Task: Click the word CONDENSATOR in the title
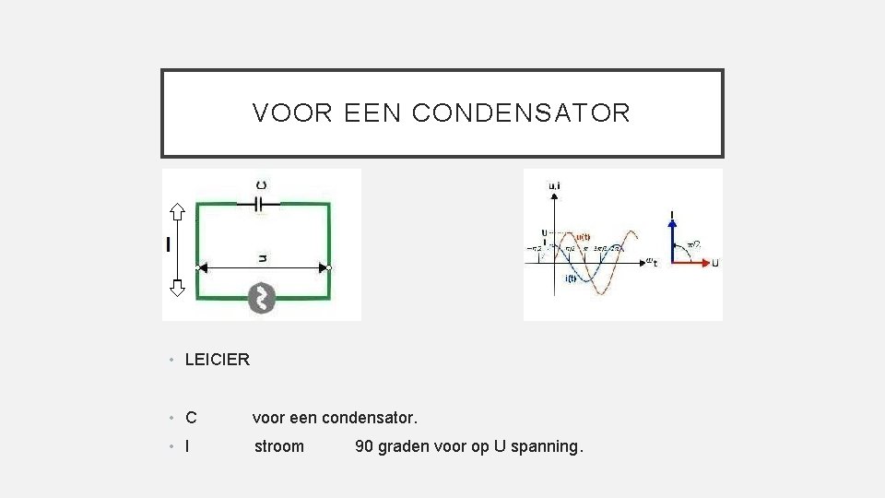tap(521, 113)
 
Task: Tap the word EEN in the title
tap(373, 113)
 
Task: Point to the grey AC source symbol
tap(262, 298)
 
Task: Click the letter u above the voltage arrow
tap(263, 257)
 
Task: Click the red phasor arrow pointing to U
tap(694, 263)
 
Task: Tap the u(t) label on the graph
tap(584, 235)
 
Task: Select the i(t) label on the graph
tap(571, 279)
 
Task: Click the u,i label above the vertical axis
tap(554, 185)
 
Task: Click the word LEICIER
tap(218, 360)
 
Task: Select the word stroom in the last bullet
tap(278, 446)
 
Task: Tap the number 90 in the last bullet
tap(364, 446)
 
